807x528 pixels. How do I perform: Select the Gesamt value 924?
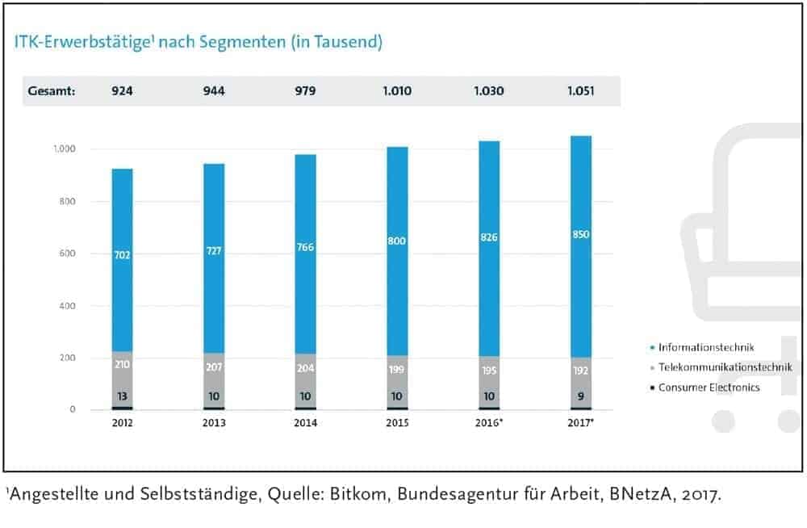(x=122, y=90)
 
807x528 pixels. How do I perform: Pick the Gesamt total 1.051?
(x=578, y=90)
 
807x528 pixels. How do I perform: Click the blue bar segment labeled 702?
(x=122, y=255)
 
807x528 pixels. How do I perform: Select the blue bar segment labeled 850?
(x=581, y=235)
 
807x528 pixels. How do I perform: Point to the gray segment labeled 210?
(x=122, y=365)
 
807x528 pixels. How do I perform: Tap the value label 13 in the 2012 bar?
(x=122, y=396)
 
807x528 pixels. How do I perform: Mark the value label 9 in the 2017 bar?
(x=581, y=396)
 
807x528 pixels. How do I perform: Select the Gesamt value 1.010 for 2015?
(x=396, y=90)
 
